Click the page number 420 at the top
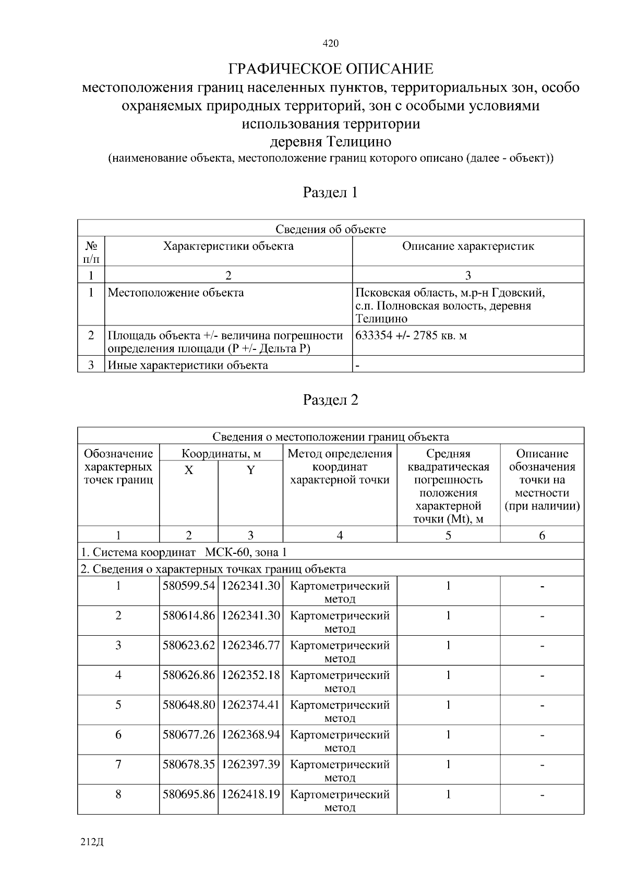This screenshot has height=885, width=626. pos(331,44)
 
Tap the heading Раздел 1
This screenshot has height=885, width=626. pos(331,192)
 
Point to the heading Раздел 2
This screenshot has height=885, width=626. pos(331,400)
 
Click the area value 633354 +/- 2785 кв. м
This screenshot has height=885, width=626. pos(411,335)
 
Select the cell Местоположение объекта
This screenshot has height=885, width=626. pos(176,293)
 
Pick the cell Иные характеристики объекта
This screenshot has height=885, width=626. pos(188,365)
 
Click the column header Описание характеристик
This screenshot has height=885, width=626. pos(468,246)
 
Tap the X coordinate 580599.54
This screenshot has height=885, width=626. pos(189,586)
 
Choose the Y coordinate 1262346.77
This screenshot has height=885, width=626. pos(251,645)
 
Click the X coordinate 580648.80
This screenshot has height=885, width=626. pos(189,705)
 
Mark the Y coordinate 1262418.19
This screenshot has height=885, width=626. pos(251,794)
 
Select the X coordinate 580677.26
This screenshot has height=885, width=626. pos(189,735)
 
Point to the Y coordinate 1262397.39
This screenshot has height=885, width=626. pos(251,765)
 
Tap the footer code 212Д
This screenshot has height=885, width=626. pos(92,842)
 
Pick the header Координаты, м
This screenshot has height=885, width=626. pos(221,454)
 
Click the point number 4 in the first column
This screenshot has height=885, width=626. pos(118,675)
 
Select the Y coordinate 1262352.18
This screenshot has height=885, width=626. pos(251,675)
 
